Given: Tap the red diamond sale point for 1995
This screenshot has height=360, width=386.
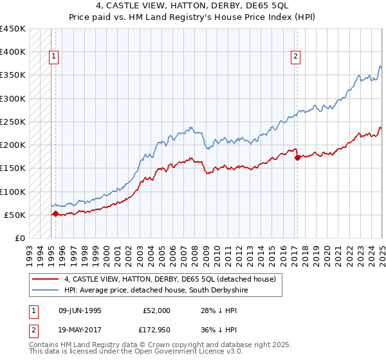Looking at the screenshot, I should (x=55, y=214).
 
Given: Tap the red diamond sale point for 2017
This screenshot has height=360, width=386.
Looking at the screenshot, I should (x=297, y=157).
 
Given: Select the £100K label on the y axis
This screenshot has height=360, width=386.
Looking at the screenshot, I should (x=13, y=192).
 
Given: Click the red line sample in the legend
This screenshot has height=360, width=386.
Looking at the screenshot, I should (x=44, y=279).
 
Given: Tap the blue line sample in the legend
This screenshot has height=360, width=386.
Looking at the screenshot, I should (x=44, y=291).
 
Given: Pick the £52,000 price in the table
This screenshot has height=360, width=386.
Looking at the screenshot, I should (x=157, y=310).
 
